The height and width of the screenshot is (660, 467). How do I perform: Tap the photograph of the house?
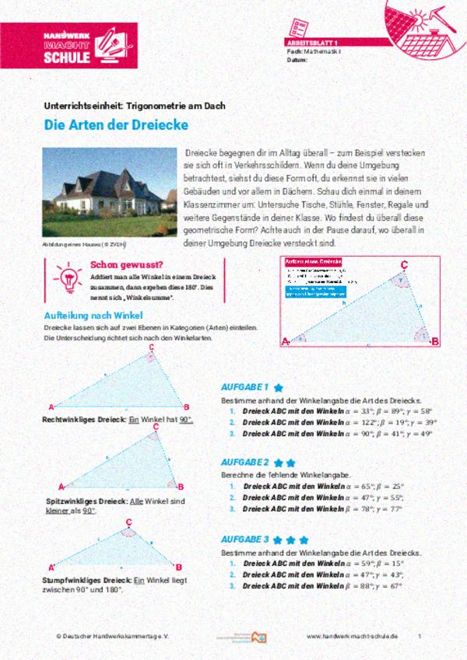pyautogui.click(x=108, y=192)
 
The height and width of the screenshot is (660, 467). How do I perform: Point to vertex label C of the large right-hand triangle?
pyautogui.click(x=404, y=266)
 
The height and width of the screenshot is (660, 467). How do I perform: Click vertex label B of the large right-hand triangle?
pyautogui.click(x=435, y=340)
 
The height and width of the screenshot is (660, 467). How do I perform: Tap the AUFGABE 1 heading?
pyautogui.click(x=244, y=386)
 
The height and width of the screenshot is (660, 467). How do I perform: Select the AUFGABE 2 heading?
pyautogui.click(x=244, y=462)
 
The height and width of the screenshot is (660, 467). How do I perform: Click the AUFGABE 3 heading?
pyautogui.click(x=244, y=538)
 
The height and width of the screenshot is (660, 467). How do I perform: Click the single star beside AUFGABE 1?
pyautogui.click(x=278, y=386)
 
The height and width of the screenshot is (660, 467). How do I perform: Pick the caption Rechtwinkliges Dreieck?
pyautogui.click(x=84, y=420)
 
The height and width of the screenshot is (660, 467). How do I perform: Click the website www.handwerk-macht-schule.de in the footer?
pyautogui.click(x=353, y=635)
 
